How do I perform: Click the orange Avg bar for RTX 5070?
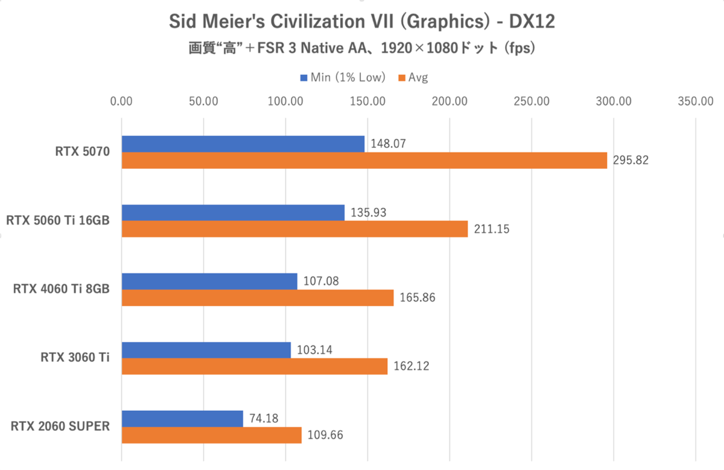(364, 160)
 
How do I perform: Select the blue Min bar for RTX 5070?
(243, 144)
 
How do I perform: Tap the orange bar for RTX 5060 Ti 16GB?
(294, 229)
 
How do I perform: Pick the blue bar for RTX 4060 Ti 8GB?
(209, 281)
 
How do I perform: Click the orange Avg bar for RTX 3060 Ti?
(255, 366)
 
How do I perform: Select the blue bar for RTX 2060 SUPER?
(182, 419)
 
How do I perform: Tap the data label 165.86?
(417, 297)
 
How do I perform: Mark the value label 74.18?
(263, 418)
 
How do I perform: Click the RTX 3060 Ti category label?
(75, 358)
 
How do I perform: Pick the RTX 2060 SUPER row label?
(60, 427)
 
